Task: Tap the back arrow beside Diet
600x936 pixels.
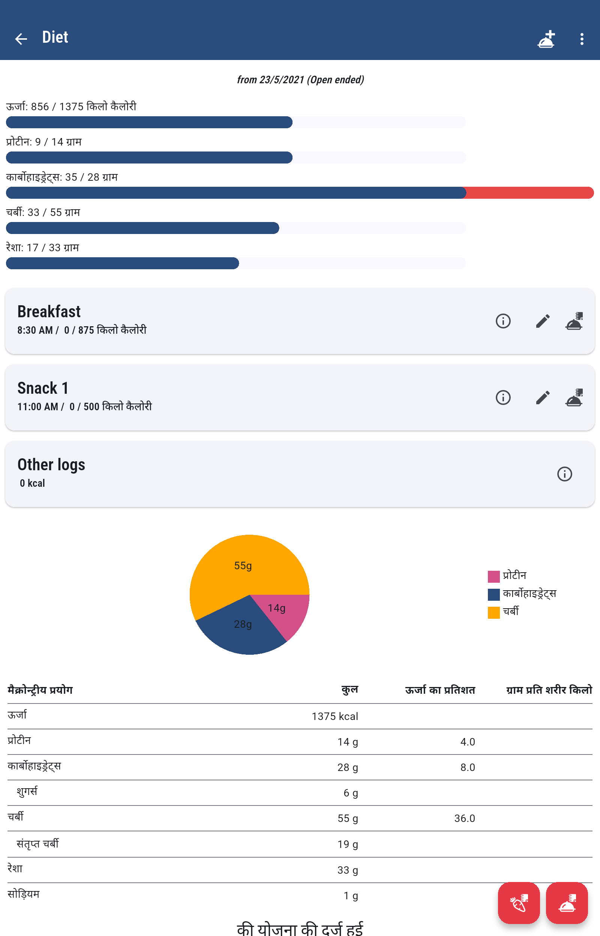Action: pyautogui.click(x=21, y=39)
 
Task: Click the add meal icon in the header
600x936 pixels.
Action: pyautogui.click(x=546, y=39)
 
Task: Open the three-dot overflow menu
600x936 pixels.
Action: pyautogui.click(x=582, y=39)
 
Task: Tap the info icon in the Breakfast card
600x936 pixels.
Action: pyautogui.click(x=503, y=321)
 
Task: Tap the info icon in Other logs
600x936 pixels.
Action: pyautogui.click(x=564, y=474)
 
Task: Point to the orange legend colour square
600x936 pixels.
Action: pyautogui.click(x=493, y=612)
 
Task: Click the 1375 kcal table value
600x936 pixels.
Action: pyautogui.click(x=334, y=716)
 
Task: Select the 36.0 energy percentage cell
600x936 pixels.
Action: pyautogui.click(x=464, y=818)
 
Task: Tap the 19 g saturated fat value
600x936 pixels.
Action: pyautogui.click(x=348, y=844)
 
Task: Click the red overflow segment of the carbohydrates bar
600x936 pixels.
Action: pyautogui.click(x=530, y=193)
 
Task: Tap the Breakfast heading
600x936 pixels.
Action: pyautogui.click(x=49, y=312)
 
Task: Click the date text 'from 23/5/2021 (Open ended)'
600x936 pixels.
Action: pyautogui.click(x=300, y=80)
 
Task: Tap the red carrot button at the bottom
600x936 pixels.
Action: pyautogui.click(x=519, y=903)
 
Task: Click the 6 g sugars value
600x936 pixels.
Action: pyautogui.click(x=351, y=793)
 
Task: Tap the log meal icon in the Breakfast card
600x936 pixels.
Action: pyautogui.click(x=574, y=321)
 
